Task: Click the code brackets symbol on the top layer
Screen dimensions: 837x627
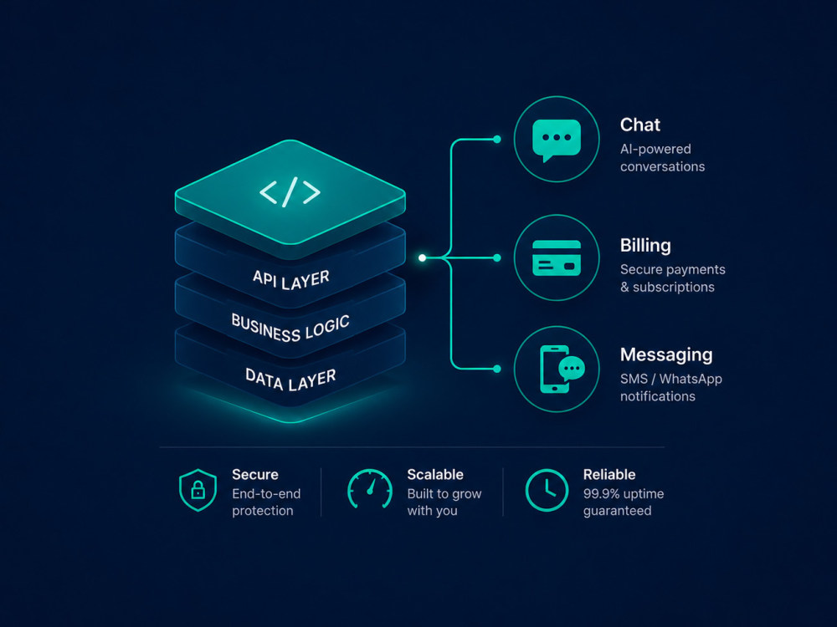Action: click(290, 192)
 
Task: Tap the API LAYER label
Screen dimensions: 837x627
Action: click(291, 279)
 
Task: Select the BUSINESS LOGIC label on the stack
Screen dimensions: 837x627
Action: click(290, 328)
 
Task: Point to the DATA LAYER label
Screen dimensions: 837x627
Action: click(290, 379)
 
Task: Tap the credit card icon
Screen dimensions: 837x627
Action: click(557, 258)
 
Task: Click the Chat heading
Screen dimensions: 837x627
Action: click(640, 125)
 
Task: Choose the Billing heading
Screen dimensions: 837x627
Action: click(645, 246)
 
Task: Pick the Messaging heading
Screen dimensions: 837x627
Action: click(666, 355)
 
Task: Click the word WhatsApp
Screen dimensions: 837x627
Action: click(691, 379)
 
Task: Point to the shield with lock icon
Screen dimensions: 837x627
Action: click(198, 490)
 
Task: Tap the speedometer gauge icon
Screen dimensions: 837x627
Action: click(370, 488)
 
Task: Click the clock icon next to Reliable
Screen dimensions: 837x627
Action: click(547, 490)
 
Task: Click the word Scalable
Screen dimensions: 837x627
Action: click(435, 475)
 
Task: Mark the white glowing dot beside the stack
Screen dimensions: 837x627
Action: click(422, 258)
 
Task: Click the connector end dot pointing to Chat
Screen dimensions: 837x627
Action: click(497, 139)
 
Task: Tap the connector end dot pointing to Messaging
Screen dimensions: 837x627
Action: click(497, 369)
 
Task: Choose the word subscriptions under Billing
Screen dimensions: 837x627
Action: click(674, 288)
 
